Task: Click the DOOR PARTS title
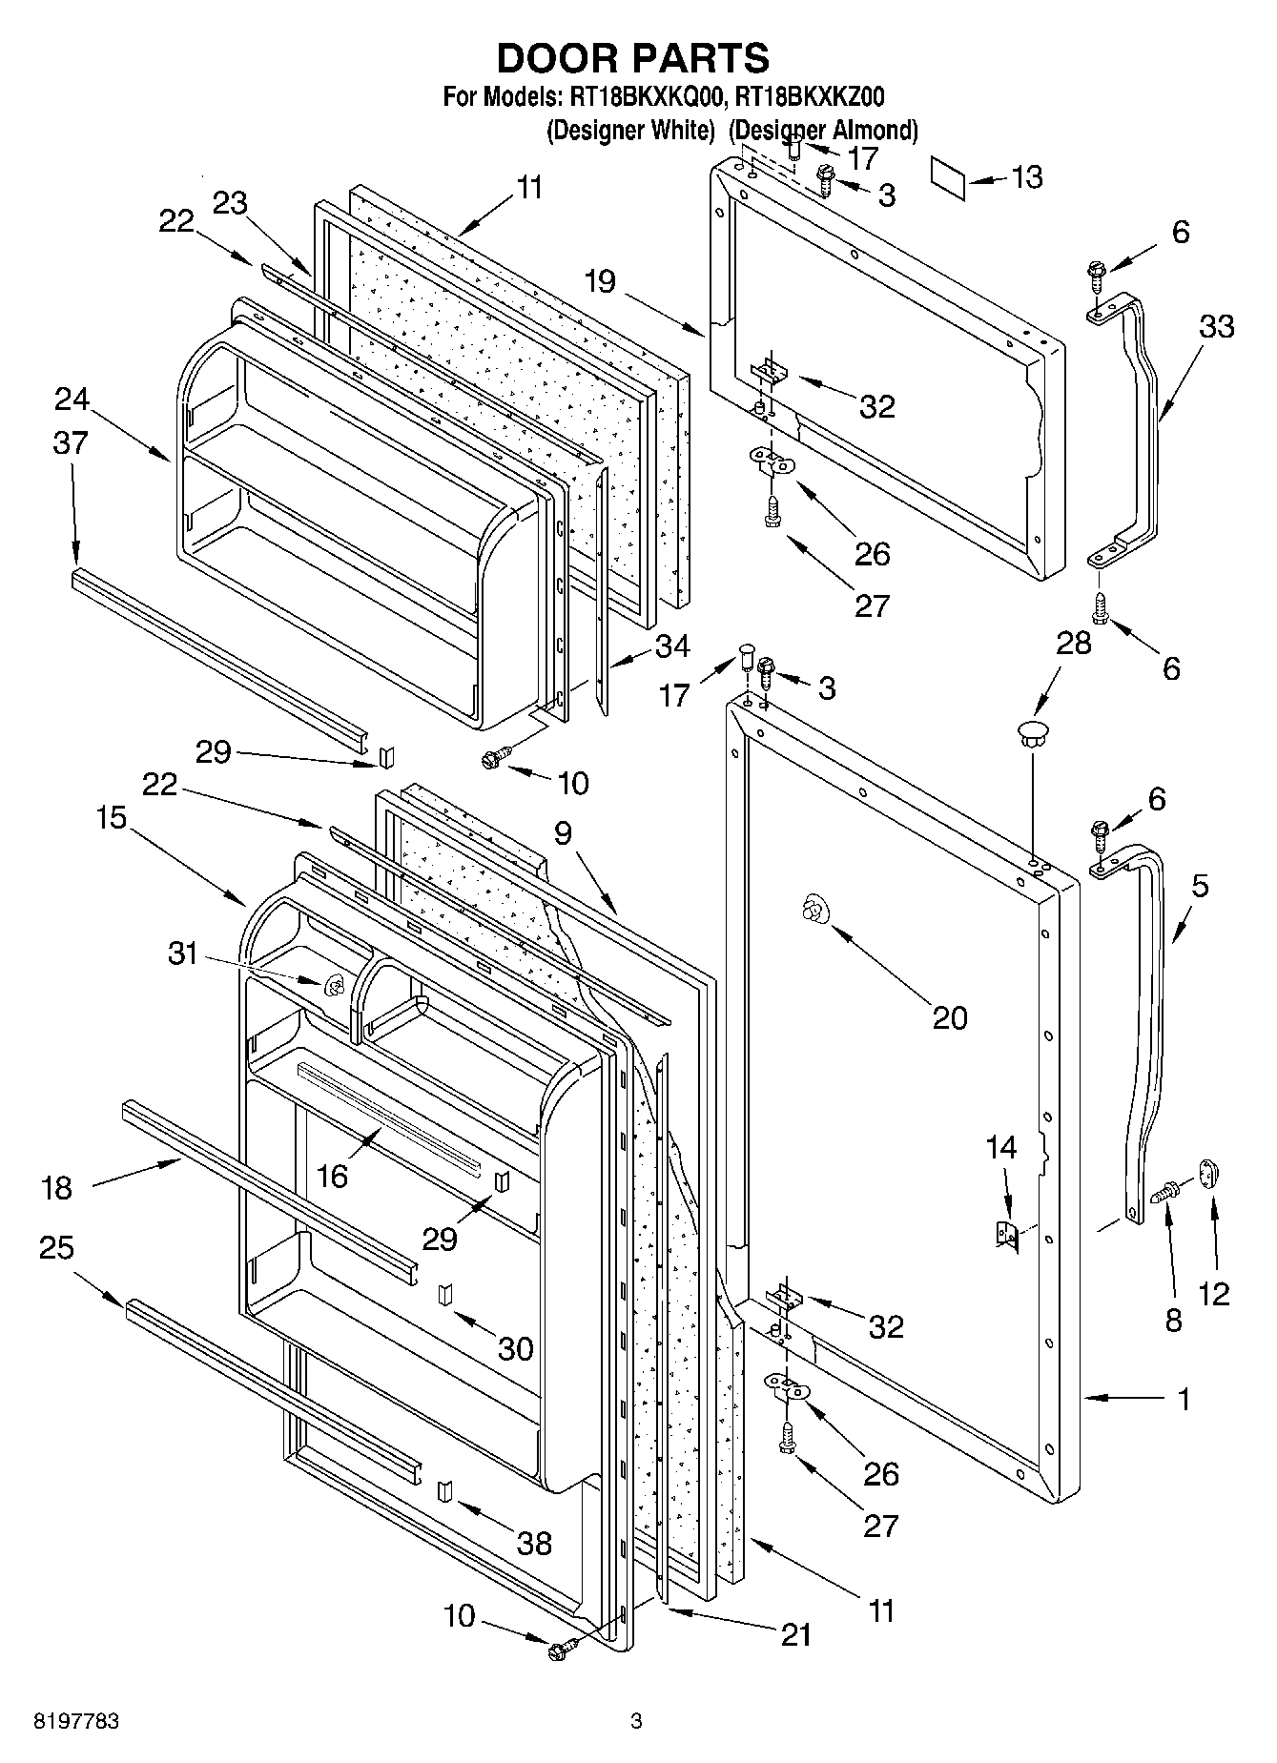point(633,58)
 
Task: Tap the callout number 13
point(1026,178)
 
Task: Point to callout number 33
point(1216,327)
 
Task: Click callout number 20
point(949,1017)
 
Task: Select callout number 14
point(1001,1148)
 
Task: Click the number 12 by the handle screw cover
point(1214,1293)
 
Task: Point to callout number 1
point(1184,1399)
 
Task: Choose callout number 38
point(534,1543)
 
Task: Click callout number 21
point(795,1634)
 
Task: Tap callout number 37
point(71,443)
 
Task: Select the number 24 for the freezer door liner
point(72,399)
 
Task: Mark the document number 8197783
point(76,1721)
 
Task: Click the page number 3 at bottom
point(636,1721)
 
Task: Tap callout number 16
point(332,1176)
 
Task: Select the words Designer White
point(630,131)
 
